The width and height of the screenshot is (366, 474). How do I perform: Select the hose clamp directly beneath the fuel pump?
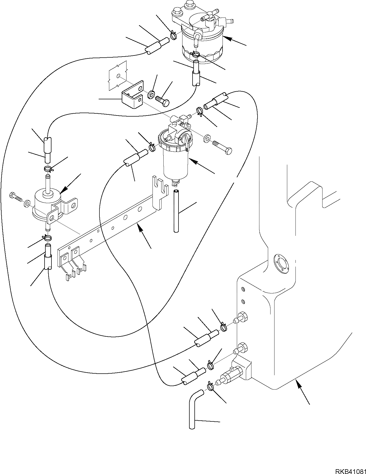tap(47, 237)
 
